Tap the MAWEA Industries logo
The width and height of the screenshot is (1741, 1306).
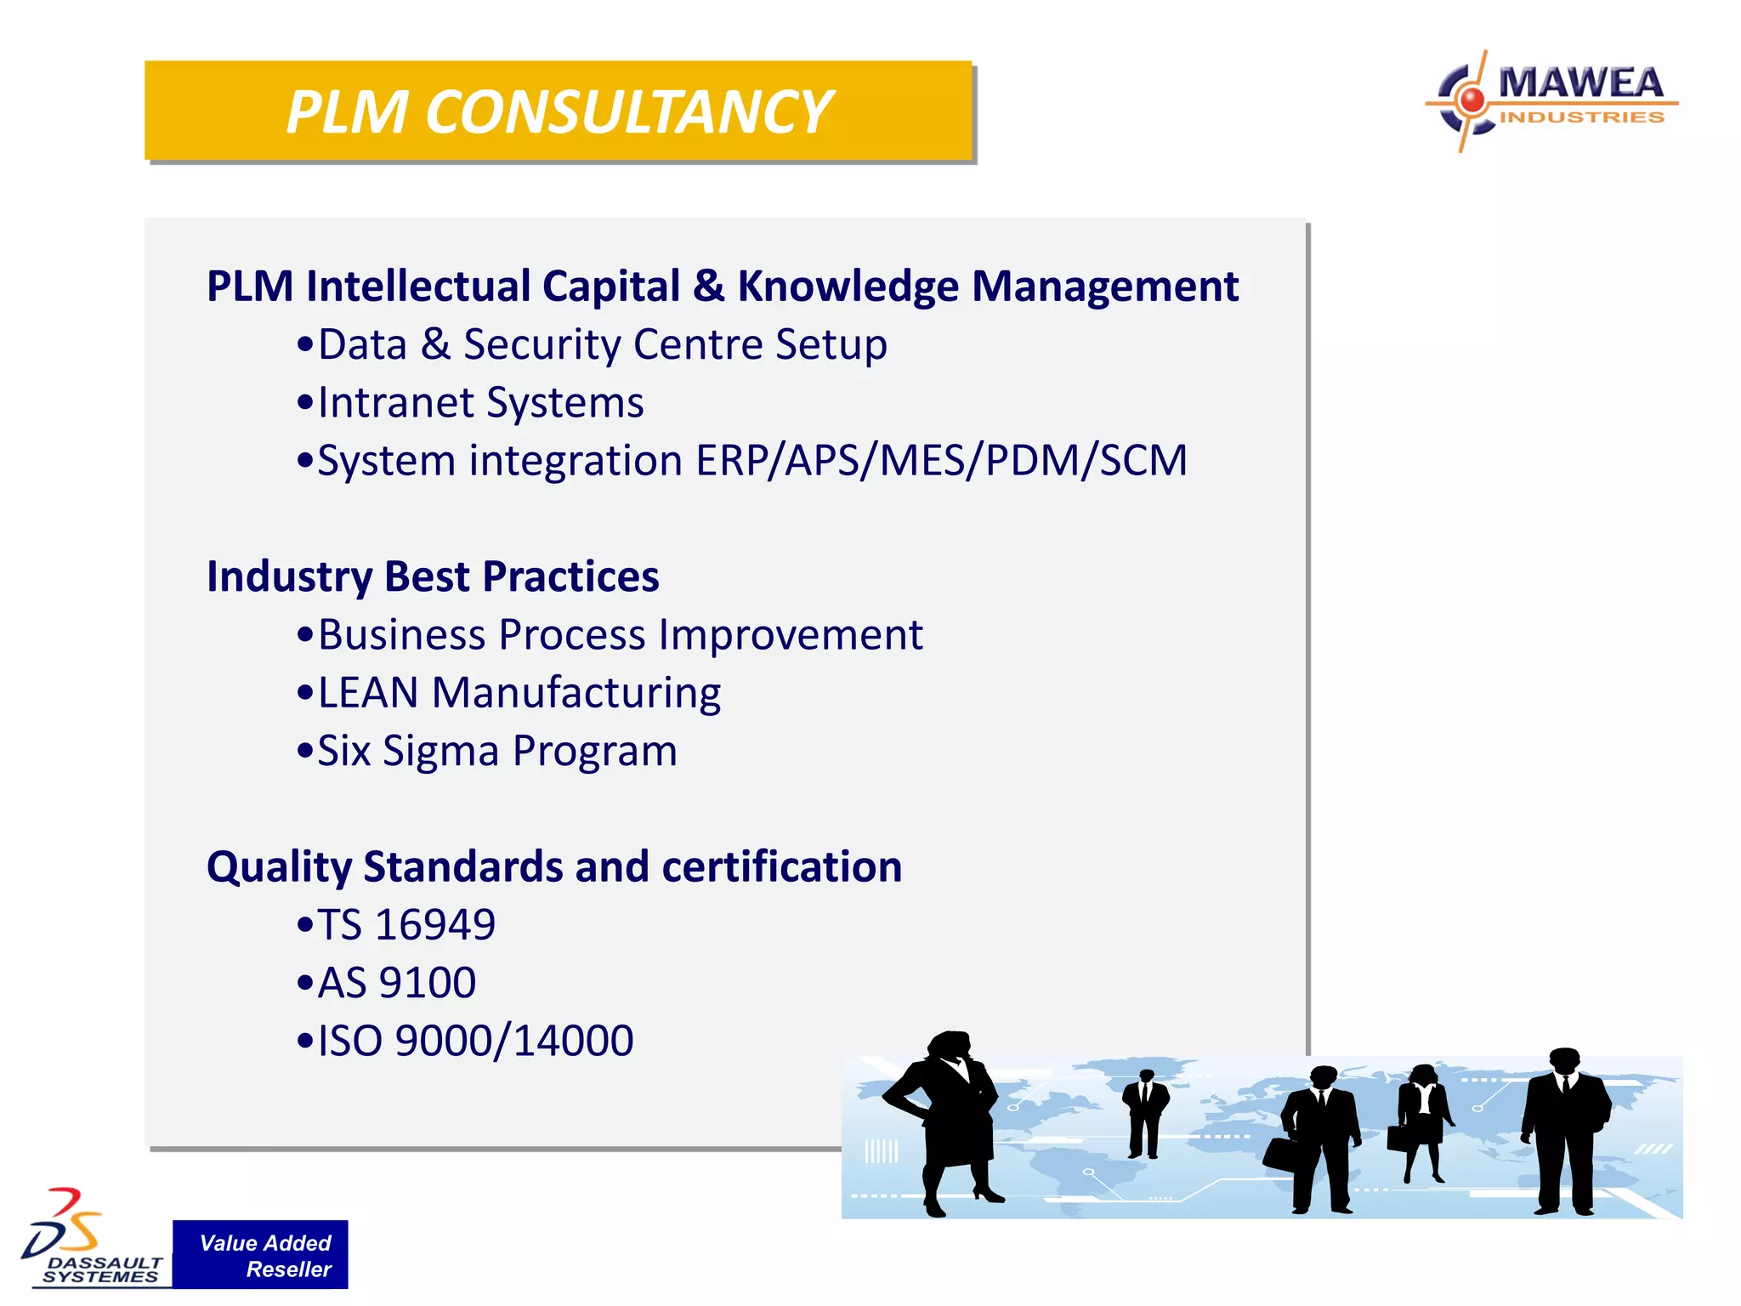coord(1552,100)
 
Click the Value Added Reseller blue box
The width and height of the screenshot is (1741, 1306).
coord(260,1255)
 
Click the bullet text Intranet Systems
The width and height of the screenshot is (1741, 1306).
coord(480,403)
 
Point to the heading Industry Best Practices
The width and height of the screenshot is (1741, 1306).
coord(433,576)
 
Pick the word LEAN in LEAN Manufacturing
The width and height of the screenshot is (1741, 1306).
coord(368,693)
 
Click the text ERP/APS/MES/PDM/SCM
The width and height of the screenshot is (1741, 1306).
coord(941,461)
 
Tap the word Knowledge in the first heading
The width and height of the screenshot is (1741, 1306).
coord(848,287)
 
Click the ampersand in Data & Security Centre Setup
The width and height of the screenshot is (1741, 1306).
coord(435,344)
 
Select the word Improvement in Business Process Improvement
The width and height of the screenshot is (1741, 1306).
coord(791,635)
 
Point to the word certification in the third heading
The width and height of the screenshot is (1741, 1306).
coord(781,867)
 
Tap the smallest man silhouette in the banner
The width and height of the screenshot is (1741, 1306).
coord(1144,1112)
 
